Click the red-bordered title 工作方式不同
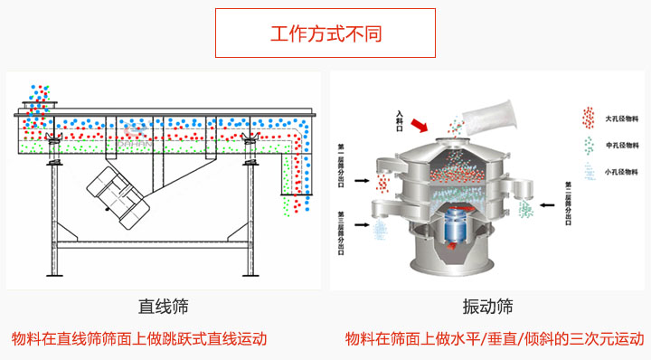[x=325, y=34]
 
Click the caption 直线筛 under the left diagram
[x=164, y=308]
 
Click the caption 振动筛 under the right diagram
[x=486, y=308]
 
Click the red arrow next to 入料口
[x=420, y=123]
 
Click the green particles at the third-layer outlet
[x=524, y=209]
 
